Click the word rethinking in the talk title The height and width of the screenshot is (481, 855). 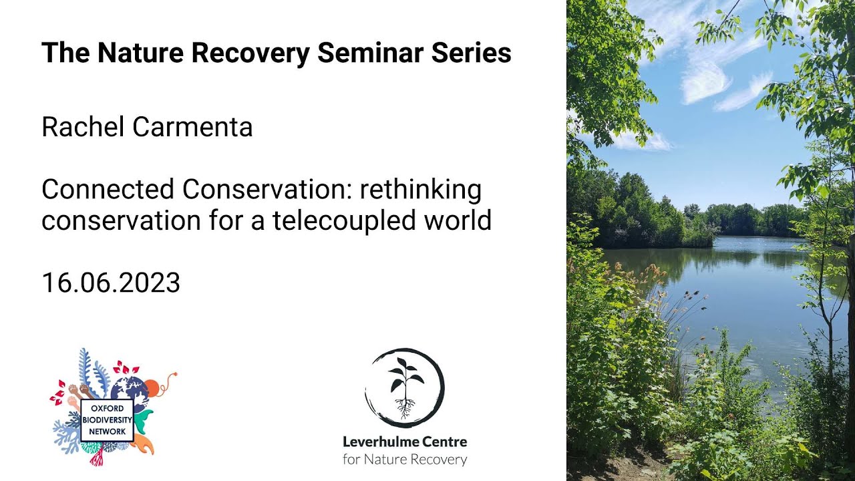[421, 190]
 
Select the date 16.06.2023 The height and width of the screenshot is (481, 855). [111, 283]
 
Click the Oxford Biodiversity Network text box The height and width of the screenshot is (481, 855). [107, 420]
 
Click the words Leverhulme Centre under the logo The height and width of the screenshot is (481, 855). [405, 442]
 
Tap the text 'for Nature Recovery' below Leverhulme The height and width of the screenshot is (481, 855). [405, 459]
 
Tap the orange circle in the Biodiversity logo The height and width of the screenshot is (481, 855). [152, 387]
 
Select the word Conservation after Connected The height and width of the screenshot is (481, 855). [268, 190]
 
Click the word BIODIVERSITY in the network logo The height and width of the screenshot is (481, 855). [107, 420]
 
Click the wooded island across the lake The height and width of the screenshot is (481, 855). [641, 214]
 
